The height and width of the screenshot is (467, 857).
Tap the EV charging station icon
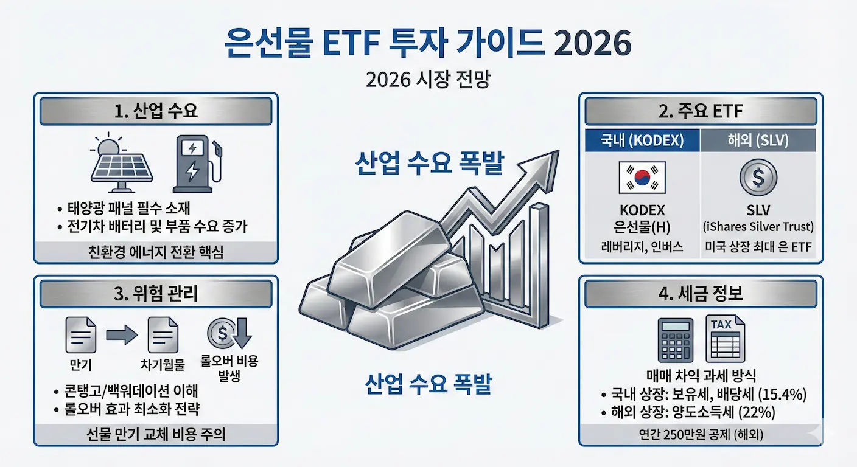coord(195,162)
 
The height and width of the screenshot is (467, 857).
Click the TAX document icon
coord(724,339)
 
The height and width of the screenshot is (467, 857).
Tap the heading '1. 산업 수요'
coord(156,112)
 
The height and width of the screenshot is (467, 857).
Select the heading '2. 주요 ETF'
coord(701,112)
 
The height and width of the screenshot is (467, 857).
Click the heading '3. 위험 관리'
coord(156,296)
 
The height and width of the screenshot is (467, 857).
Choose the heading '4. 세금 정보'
coord(701,296)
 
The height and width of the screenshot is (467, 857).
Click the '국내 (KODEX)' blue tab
coord(642,140)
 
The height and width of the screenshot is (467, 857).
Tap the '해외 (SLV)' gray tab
coord(758,140)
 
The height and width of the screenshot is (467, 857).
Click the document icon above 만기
coord(80,336)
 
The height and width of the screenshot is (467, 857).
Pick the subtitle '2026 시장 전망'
coord(428,81)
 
